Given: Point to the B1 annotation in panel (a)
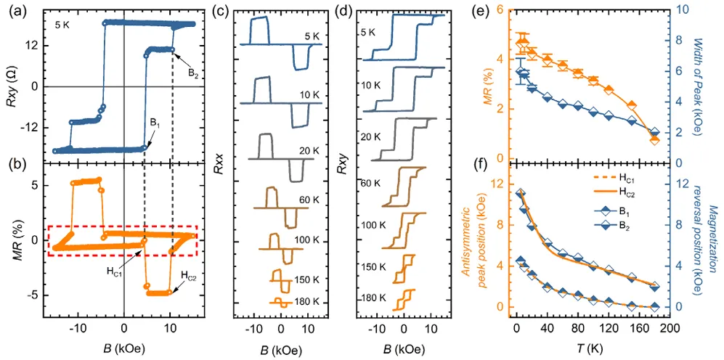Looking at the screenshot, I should [x=155, y=123].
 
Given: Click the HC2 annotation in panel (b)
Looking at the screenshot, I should [x=187, y=275].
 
